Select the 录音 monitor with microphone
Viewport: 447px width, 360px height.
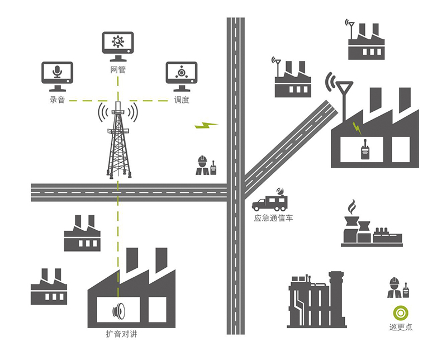point(58,75)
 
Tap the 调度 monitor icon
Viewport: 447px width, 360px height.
point(182,75)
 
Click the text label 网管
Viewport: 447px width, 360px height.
point(118,70)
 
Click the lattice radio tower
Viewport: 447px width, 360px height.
point(118,140)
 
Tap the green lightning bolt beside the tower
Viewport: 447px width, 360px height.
point(205,125)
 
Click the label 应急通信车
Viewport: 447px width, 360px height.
point(273,217)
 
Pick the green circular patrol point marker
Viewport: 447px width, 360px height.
point(400,312)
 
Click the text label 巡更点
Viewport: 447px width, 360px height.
point(400,327)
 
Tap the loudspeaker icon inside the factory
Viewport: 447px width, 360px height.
point(118,309)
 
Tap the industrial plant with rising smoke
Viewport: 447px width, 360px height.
point(370,226)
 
